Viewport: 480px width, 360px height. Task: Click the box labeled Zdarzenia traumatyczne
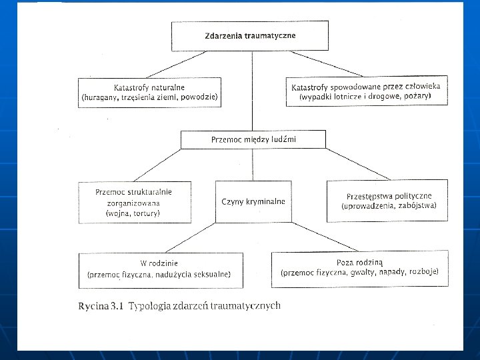[250, 35]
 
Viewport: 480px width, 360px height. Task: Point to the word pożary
[415, 97]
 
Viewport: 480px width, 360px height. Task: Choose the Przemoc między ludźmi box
[253, 139]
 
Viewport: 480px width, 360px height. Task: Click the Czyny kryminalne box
[253, 201]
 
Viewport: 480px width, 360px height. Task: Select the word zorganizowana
[134, 203]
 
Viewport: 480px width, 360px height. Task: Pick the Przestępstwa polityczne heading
[389, 196]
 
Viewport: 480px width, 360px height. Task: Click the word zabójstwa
[417, 206]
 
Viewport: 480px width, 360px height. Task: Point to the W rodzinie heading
[159, 263]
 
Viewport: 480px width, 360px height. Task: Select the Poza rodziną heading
[359, 262]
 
